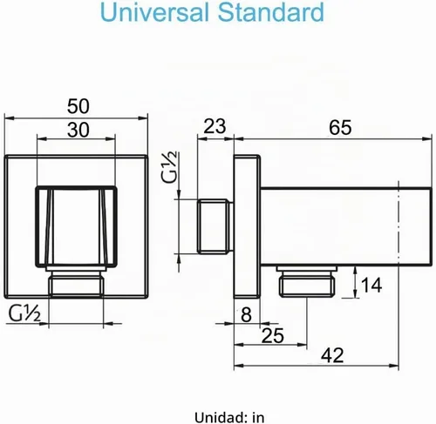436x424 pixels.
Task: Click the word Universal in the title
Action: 155,12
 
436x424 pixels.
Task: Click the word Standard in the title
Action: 271,12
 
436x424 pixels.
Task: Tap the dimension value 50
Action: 78,106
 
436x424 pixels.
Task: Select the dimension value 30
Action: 78,130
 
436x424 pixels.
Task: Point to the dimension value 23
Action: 215,126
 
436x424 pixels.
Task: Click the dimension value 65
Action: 340,127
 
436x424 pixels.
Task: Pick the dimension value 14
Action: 371,286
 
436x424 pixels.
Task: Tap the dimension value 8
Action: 246,314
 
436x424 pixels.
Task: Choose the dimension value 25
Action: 273,336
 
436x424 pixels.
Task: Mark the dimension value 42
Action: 332,355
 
